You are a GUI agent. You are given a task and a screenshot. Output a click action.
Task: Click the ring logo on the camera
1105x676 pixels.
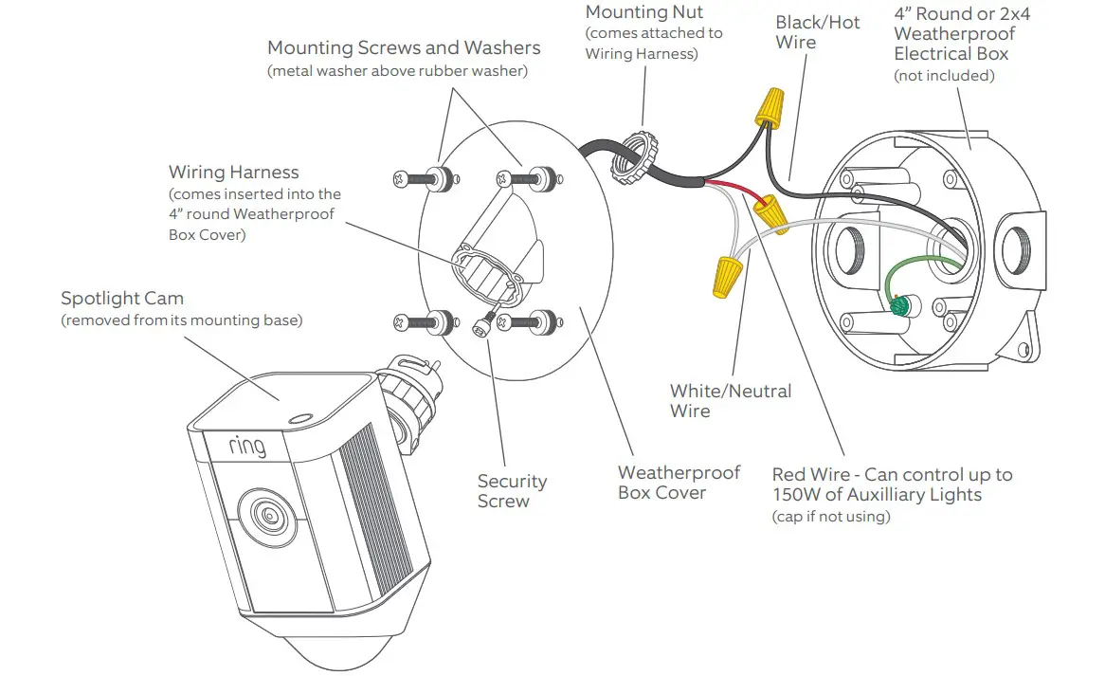(246, 445)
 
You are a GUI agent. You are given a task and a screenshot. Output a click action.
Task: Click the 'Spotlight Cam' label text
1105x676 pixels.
(121, 299)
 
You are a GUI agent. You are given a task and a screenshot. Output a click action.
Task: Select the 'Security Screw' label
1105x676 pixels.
(512, 491)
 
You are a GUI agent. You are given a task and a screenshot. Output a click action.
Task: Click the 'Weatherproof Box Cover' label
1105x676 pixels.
(679, 482)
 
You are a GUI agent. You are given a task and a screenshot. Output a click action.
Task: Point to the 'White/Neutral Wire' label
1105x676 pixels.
(730, 400)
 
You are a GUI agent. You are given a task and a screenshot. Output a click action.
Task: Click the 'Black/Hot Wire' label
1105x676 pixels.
(817, 31)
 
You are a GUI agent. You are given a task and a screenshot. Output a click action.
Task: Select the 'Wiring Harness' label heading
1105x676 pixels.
(233, 173)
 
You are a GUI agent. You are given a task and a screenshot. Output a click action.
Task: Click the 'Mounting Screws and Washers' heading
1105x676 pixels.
(404, 47)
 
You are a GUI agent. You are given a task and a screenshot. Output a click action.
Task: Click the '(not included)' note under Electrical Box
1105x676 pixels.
(944, 76)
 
